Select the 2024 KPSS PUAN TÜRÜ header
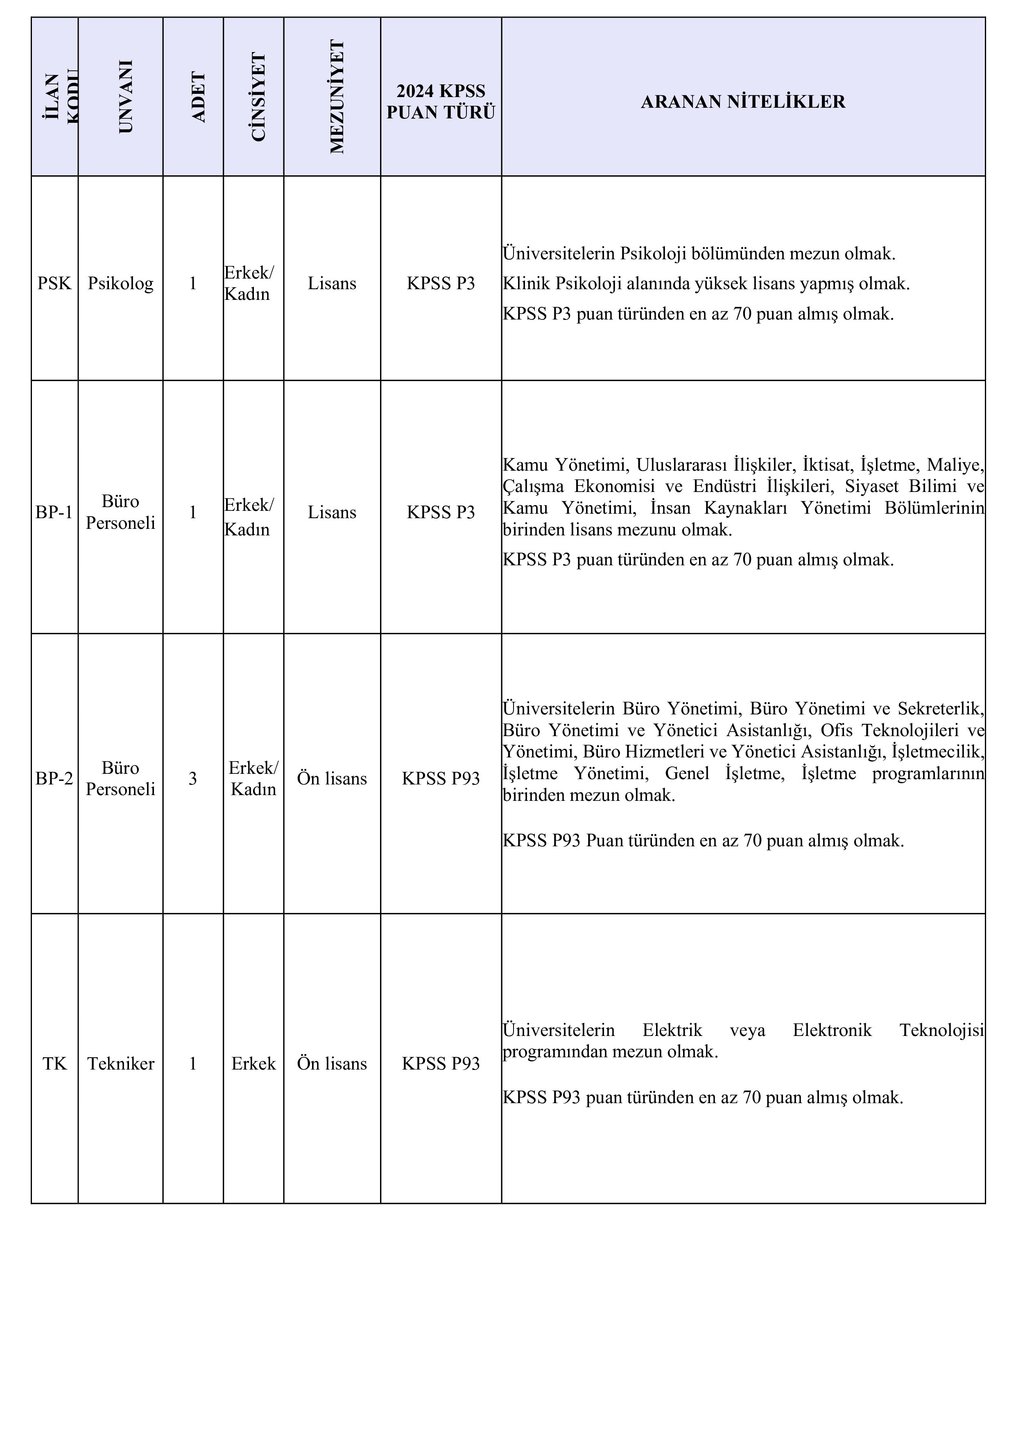[441, 102]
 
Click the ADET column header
[198, 97]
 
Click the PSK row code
[54, 283]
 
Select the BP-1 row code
[54, 512]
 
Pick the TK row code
[54, 1063]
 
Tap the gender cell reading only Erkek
[253, 1063]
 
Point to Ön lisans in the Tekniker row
[332, 1063]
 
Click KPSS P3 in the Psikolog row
[441, 283]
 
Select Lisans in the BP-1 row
[332, 512]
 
